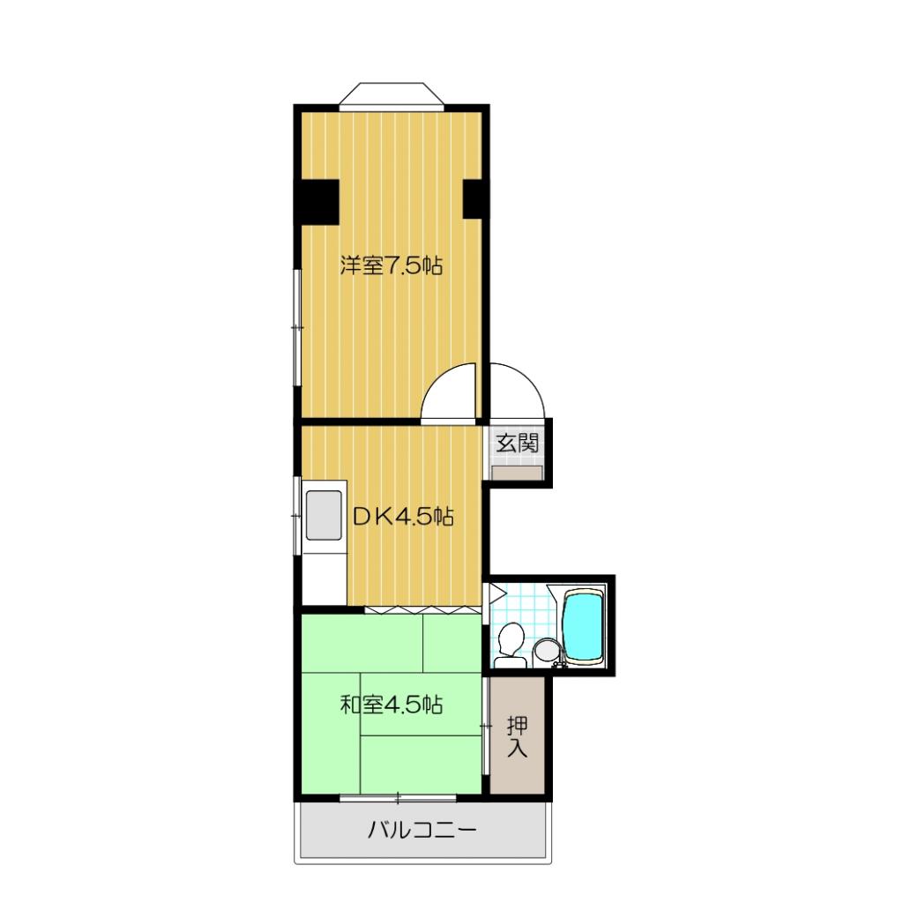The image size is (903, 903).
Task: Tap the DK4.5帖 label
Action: click(403, 518)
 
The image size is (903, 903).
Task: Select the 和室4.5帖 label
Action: click(391, 705)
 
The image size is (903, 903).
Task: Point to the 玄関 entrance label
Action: click(516, 444)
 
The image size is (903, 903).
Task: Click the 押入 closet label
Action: click(518, 737)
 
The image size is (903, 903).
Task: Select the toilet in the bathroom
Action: click(509, 642)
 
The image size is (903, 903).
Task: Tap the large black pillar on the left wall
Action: click(317, 200)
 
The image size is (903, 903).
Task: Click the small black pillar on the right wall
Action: click(474, 199)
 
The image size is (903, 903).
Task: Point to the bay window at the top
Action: click(389, 95)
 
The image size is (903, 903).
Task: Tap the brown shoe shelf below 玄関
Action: click(517, 474)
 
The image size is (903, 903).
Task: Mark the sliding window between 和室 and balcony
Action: click(398, 798)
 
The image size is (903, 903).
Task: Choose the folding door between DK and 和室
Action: click(423, 609)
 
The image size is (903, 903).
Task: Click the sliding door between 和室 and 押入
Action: click(486, 725)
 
